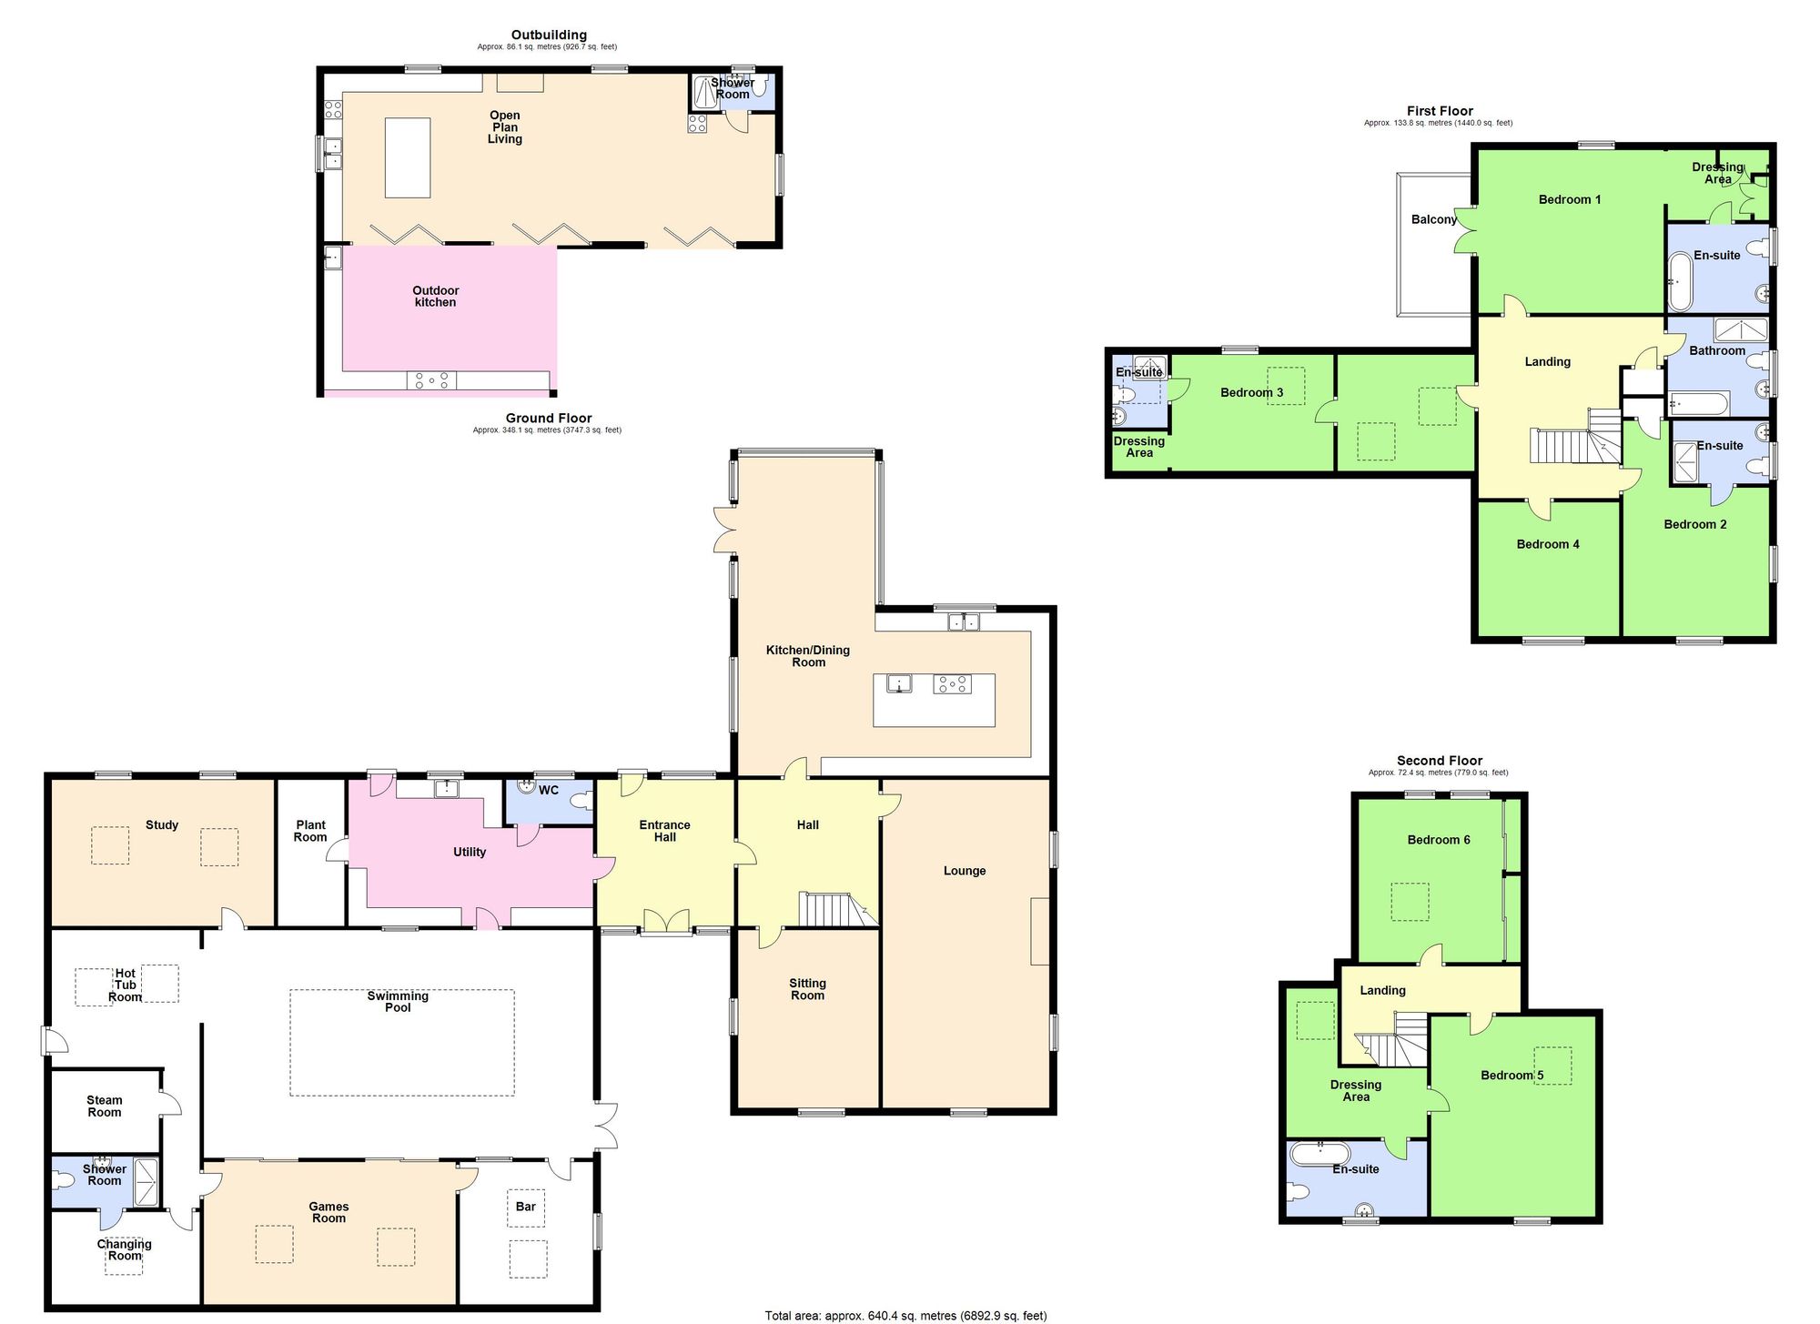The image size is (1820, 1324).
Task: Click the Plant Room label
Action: (x=310, y=831)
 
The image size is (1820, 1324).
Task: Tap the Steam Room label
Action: (x=104, y=1106)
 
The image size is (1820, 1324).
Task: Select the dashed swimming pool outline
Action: (x=401, y=1043)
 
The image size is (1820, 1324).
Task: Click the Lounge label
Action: (x=964, y=871)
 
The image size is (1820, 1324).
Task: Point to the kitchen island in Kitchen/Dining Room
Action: (x=934, y=700)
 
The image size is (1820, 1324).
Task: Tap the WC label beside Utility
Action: (x=548, y=790)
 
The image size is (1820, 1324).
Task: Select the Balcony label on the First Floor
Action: (x=1433, y=219)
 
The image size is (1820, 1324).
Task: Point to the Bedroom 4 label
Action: (x=1547, y=544)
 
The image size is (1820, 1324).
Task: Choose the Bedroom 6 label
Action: (x=1438, y=839)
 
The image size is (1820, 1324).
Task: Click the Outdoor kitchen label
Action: (x=435, y=296)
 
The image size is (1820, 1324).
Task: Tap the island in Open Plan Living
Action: (x=408, y=157)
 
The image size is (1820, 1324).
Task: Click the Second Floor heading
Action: (x=1439, y=760)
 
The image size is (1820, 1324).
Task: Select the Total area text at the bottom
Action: (x=905, y=1315)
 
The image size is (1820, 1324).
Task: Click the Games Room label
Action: (x=329, y=1212)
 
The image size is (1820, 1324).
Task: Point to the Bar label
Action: (x=525, y=1207)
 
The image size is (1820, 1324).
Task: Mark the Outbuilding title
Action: (x=548, y=35)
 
